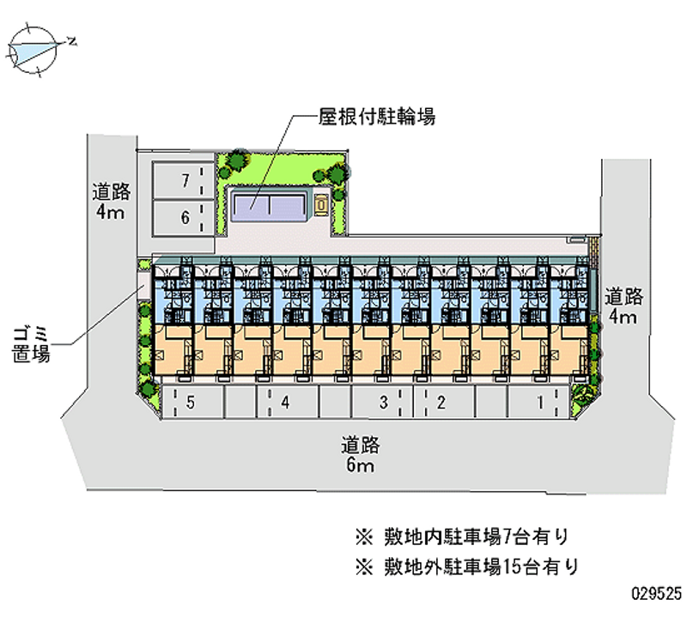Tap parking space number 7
point(182,180)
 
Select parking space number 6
point(182,218)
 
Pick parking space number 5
point(191,401)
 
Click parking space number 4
point(283,401)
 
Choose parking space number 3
point(384,401)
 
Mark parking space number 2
point(441,401)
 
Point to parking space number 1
point(540,401)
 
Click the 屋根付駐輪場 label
point(377,117)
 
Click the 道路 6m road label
point(360,455)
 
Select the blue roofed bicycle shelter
point(270,203)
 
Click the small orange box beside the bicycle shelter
point(320,204)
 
